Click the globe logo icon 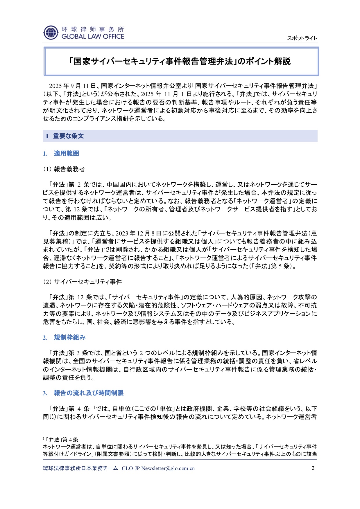click(51, 33)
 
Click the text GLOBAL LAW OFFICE click(93, 37)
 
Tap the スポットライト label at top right click(302, 38)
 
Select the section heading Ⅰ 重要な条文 click(65, 136)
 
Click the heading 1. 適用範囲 click(61, 154)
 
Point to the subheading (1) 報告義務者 click(64, 169)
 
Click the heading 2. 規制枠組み click(64, 337)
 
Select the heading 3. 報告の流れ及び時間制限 click(83, 393)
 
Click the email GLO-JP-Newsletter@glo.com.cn click(158, 468)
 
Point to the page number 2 click(313, 468)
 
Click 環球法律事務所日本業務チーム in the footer click(80, 468)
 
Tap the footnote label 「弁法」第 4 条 click(61, 440)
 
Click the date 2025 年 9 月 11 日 click(72, 86)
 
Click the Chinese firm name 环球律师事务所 click(93, 29)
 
